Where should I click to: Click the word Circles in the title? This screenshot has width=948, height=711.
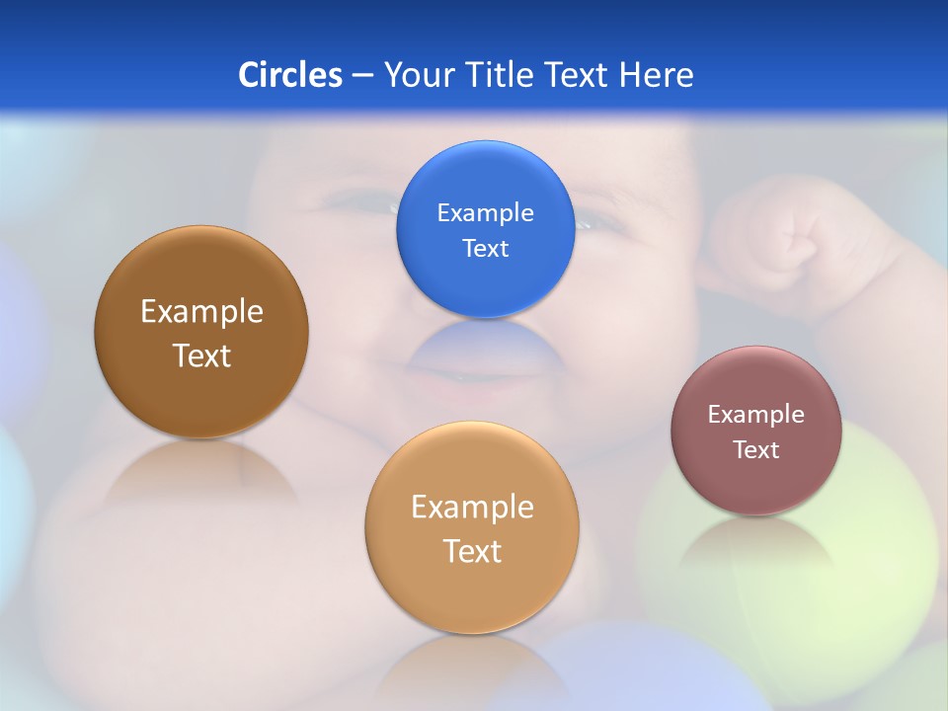point(289,75)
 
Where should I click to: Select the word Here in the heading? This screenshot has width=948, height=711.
point(656,75)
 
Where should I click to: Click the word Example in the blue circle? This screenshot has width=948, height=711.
point(486,212)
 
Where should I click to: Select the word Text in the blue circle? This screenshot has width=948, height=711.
point(486,248)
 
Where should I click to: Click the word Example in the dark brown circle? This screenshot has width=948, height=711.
point(201,311)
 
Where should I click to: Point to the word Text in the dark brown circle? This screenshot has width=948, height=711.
point(201,355)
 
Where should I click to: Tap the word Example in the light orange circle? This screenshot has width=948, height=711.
point(472,507)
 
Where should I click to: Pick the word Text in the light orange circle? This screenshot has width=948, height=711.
point(472,551)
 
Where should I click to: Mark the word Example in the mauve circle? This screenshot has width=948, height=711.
point(756,414)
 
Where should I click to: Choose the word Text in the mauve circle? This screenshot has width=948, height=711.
point(756,449)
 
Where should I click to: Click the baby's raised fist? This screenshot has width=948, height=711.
point(790,232)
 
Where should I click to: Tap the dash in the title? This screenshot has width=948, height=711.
point(362,76)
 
